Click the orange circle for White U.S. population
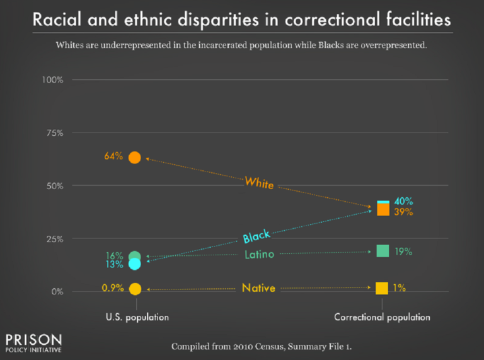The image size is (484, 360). (134, 157)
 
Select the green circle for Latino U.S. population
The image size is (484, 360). (134, 256)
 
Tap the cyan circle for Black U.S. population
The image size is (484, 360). (134, 264)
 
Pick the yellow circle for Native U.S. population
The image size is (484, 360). (134, 289)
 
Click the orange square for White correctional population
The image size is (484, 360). (383, 210)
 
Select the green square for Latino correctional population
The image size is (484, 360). (383, 251)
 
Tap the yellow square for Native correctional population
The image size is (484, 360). (382, 288)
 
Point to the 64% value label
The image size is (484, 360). (113, 156)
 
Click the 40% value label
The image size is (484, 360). (403, 201)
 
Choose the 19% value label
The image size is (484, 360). (403, 252)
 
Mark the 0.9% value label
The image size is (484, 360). (112, 288)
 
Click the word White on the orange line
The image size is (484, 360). (259, 183)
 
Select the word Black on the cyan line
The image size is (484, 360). (256, 236)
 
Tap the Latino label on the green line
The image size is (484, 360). (259, 255)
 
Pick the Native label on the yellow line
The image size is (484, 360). (259, 288)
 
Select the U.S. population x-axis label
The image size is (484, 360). (137, 317)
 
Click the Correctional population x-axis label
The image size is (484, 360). (382, 317)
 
